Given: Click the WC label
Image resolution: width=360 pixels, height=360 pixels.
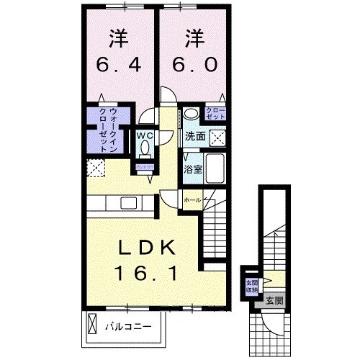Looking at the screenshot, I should point(143,134).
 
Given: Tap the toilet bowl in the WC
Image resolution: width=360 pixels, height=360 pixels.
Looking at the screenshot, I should point(143,148).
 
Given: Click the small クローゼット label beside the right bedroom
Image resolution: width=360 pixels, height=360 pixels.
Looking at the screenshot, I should point(215,112).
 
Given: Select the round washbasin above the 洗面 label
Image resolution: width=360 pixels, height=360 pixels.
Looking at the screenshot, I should point(190,114).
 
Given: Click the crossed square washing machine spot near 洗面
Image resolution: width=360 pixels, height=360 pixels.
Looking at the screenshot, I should point(215,138).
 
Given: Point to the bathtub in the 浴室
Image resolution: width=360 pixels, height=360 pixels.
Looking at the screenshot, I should point(214,168).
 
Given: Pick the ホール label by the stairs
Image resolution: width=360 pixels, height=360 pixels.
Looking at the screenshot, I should point(192,199).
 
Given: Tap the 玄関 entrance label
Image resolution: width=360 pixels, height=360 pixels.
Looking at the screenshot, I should point(274,301).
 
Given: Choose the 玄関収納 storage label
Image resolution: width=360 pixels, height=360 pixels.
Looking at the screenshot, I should point(252,286).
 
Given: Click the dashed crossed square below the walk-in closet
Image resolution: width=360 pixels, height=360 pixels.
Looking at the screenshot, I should point(95,168).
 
